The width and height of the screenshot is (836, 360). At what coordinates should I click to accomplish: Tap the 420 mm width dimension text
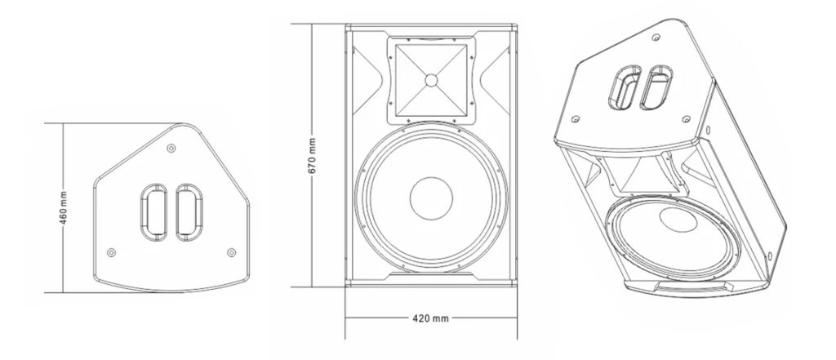(x=429, y=316)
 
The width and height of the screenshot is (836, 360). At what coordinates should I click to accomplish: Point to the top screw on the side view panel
(x=170, y=149)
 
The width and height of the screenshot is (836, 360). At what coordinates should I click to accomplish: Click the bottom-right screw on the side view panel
(x=230, y=251)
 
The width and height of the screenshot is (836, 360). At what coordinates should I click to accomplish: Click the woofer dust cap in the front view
(x=431, y=198)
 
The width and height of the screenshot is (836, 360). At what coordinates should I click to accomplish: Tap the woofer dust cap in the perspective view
(x=674, y=221)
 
